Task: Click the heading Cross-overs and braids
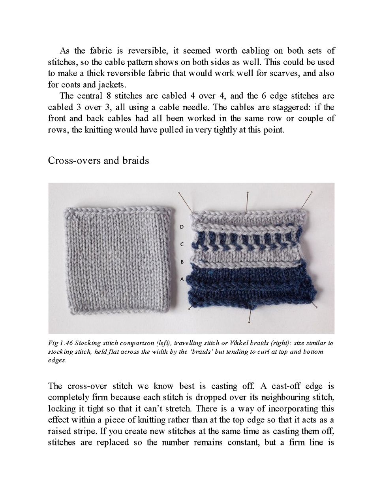[98, 160]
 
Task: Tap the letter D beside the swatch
[182, 227]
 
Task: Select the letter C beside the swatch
[182, 244]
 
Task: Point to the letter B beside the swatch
[182, 262]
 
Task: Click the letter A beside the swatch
[182, 279]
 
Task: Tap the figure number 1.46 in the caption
[64, 343]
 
